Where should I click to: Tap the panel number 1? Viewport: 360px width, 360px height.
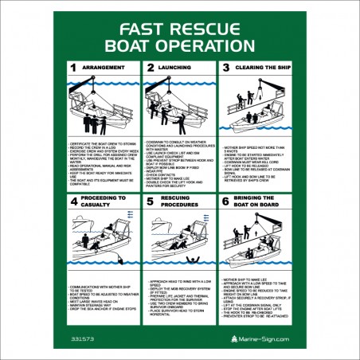(73, 68)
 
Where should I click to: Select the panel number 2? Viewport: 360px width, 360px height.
(150, 68)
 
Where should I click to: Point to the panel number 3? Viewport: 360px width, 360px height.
(226, 68)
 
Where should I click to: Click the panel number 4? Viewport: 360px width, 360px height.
(73, 202)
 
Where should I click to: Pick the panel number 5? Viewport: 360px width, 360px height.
(150, 202)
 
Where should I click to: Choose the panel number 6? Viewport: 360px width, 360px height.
(226, 202)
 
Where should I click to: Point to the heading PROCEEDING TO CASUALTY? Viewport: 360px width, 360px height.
(104, 201)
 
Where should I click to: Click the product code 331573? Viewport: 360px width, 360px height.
(83, 338)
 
